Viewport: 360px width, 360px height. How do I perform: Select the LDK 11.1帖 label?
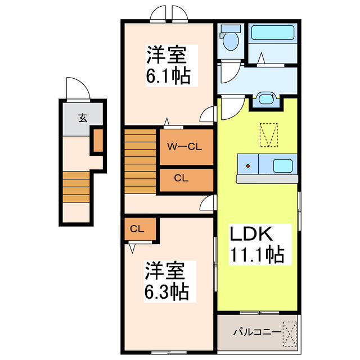pos(256,245)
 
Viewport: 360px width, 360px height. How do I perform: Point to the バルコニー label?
pos(258,332)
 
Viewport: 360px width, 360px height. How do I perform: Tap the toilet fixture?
pos(230,38)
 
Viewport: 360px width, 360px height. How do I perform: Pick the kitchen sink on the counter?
pos(283,166)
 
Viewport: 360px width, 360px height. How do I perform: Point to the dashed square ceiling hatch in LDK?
pos(269,136)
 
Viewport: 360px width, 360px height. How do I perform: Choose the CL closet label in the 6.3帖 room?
pos(137,229)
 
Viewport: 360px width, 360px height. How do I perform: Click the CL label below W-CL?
pos(181,179)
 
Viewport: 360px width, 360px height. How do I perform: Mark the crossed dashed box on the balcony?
pos(289,332)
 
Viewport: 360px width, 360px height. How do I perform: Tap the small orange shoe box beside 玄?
pos(97,141)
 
